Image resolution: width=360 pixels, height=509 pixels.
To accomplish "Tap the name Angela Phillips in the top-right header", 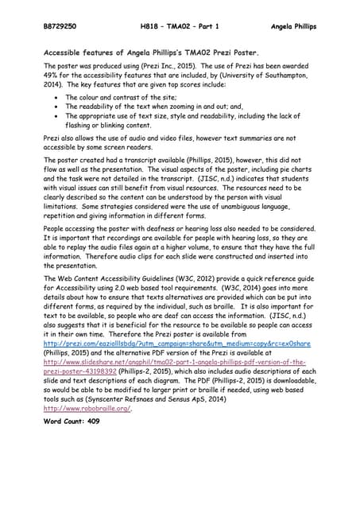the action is (291, 26).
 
